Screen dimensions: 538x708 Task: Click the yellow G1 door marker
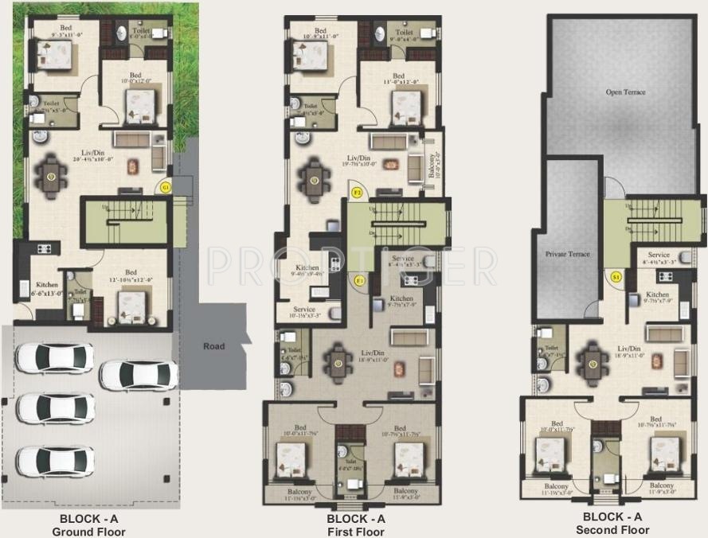pyautogui.click(x=166, y=188)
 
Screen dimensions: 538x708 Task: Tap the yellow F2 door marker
pyautogui.click(x=358, y=193)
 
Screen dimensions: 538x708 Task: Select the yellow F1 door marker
pyautogui.click(x=360, y=280)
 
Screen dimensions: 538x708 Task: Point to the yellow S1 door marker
pyautogui.click(x=616, y=276)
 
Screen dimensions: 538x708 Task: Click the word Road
pyautogui.click(x=213, y=346)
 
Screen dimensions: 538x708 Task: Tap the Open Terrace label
pyautogui.click(x=625, y=92)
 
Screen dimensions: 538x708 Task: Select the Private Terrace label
pyautogui.click(x=567, y=254)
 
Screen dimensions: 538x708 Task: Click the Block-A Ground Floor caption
pyautogui.click(x=88, y=524)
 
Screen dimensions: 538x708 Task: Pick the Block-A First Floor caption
pyautogui.click(x=356, y=524)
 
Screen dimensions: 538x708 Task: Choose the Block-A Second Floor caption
pyautogui.click(x=612, y=523)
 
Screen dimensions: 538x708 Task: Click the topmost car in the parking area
pyautogui.click(x=54, y=358)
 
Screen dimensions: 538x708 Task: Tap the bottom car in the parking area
pyautogui.click(x=55, y=461)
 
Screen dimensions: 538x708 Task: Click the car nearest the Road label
pyautogui.click(x=138, y=375)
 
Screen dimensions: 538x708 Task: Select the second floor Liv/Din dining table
pyautogui.click(x=593, y=364)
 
